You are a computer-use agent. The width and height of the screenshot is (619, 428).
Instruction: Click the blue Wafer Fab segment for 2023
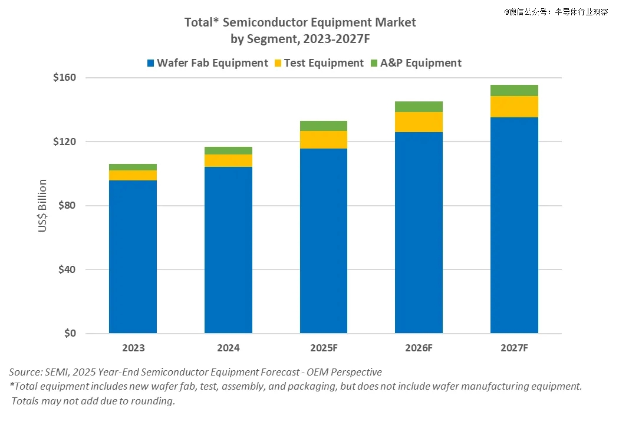pos(133,256)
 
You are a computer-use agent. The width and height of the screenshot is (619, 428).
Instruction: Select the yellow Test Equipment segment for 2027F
pos(514,107)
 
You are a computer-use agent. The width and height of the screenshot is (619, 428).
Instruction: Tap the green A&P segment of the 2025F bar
pos(323,126)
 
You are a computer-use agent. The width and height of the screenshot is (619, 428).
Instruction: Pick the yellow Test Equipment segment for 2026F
pos(419,122)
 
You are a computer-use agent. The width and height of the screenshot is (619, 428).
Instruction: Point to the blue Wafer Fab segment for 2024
pos(228,250)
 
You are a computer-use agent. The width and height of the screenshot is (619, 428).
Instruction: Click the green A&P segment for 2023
pos(133,167)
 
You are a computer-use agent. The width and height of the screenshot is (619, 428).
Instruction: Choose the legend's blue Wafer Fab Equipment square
pos(150,63)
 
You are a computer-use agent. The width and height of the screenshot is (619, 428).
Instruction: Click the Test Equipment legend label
pos(324,63)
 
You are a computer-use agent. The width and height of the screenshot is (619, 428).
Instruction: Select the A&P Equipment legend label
pos(420,63)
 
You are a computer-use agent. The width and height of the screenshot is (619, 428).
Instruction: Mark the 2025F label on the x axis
pos(323,348)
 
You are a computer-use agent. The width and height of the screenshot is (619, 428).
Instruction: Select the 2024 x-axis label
pos(228,348)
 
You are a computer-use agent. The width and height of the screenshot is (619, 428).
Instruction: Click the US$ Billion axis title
pos(42,206)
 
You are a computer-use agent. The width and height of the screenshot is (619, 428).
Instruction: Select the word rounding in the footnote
pos(154,401)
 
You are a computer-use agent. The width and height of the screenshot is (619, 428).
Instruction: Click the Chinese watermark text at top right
pos(556,11)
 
